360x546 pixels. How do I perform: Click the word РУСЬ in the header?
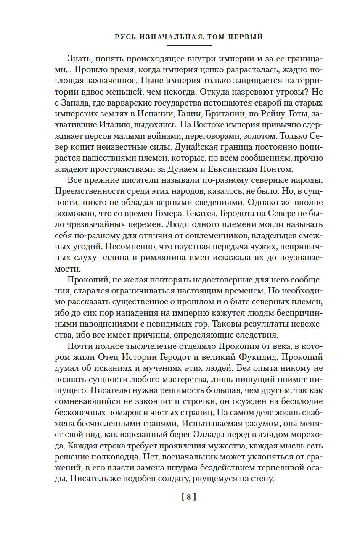124,37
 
